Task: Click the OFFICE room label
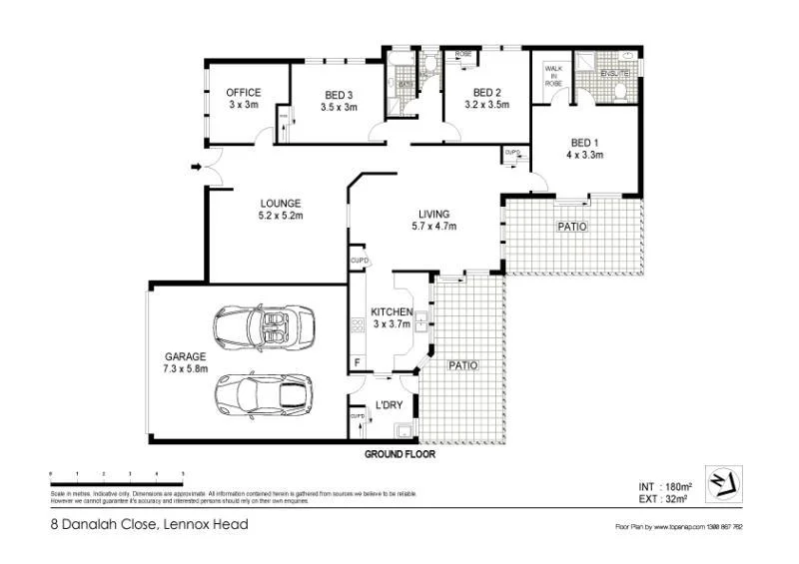[x=244, y=93]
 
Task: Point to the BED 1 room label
[x=584, y=142]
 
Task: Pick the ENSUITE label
[x=615, y=74]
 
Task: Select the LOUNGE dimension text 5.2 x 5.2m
[x=280, y=215]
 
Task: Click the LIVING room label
[x=433, y=214]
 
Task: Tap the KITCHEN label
[x=392, y=312]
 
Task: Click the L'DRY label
[x=389, y=404]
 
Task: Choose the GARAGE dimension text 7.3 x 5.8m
[x=186, y=368]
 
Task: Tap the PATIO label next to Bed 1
[x=571, y=228]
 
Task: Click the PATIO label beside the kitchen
[x=462, y=365]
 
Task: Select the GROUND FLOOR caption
[x=399, y=453]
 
